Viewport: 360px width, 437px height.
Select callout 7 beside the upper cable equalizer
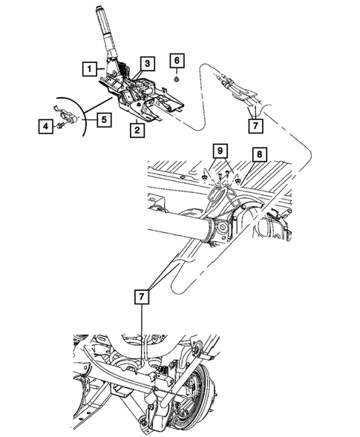coord(255,126)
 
